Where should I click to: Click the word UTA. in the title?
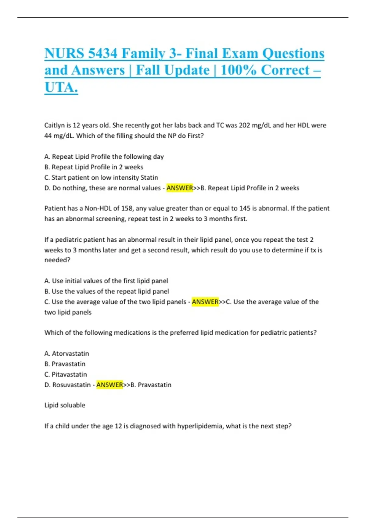[x=61, y=87]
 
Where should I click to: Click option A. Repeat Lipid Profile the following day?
[x=104, y=157]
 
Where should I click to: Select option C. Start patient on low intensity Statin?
[x=101, y=177]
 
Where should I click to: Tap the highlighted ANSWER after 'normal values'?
[x=180, y=188]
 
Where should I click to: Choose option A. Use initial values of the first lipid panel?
[x=106, y=281]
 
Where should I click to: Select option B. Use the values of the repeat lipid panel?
[x=106, y=291]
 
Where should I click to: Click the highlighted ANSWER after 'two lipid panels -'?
[x=205, y=302]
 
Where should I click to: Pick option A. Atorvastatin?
[x=67, y=353]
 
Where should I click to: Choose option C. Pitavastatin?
[x=66, y=374]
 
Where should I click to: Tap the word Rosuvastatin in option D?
[x=71, y=385]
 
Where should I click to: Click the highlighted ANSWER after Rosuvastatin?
[x=109, y=385]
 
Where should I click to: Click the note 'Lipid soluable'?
[x=65, y=405]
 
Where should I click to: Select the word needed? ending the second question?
[x=57, y=260]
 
